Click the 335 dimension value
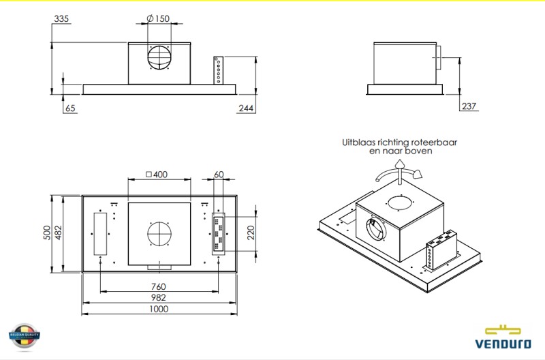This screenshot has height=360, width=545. click(61, 19)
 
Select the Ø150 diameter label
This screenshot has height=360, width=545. click(158, 19)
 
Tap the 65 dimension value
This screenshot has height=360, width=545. click(70, 108)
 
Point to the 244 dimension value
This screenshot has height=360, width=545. click(247, 108)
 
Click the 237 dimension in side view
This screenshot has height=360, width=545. click(469, 106)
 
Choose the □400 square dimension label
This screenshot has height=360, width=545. click(157, 175)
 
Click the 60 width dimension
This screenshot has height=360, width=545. click(219, 175)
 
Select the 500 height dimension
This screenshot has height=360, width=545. click(47, 233)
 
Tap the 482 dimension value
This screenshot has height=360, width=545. click(59, 233)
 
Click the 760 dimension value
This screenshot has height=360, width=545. click(158, 286)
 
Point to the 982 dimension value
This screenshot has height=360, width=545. click(158, 297)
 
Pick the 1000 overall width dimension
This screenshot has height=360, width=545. click(158, 309)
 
